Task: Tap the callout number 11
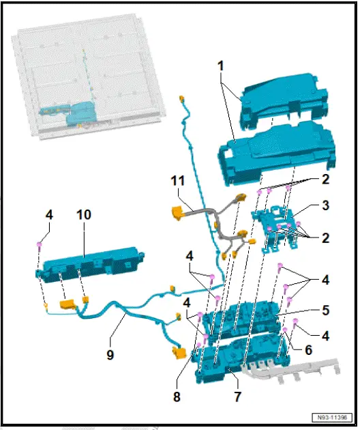pos(178,181)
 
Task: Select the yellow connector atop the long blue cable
pos(183,100)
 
